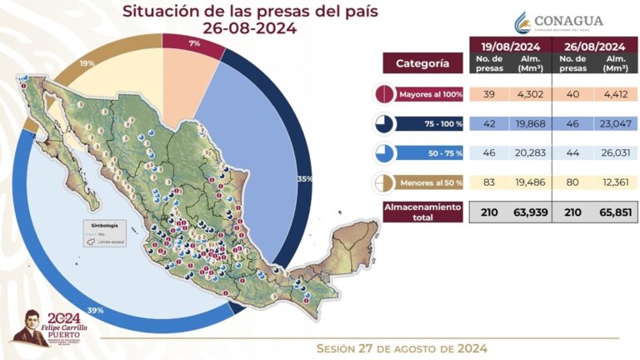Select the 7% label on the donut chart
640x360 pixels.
tap(193, 42)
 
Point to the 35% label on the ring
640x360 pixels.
tap(304, 178)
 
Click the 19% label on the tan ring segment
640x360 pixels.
tap(87, 62)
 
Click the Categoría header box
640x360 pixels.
tap(422, 63)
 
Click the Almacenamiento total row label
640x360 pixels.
tap(422, 212)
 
